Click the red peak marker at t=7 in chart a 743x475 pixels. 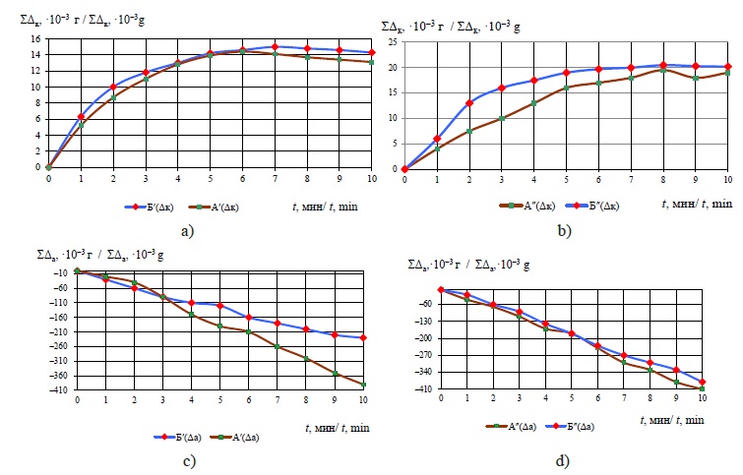tap(275, 46)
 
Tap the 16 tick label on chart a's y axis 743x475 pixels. tap(35, 39)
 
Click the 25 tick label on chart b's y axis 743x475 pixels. tap(393, 42)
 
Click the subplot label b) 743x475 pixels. tap(563, 233)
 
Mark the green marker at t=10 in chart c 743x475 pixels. tap(364, 385)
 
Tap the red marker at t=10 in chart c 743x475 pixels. tap(364, 338)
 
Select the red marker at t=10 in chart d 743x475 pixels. tap(703, 382)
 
